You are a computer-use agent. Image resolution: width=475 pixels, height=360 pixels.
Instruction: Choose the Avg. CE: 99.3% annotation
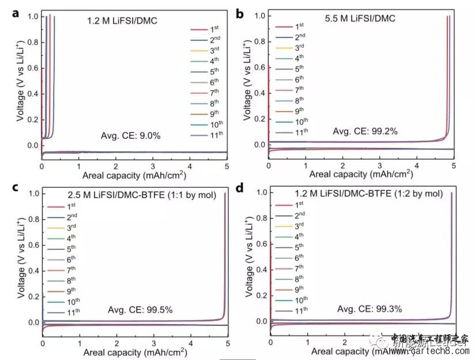click(374, 309)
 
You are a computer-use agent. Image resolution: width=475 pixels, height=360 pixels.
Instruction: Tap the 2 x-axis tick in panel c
click(116, 344)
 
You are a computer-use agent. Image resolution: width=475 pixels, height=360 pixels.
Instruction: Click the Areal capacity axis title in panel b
click(362, 173)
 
